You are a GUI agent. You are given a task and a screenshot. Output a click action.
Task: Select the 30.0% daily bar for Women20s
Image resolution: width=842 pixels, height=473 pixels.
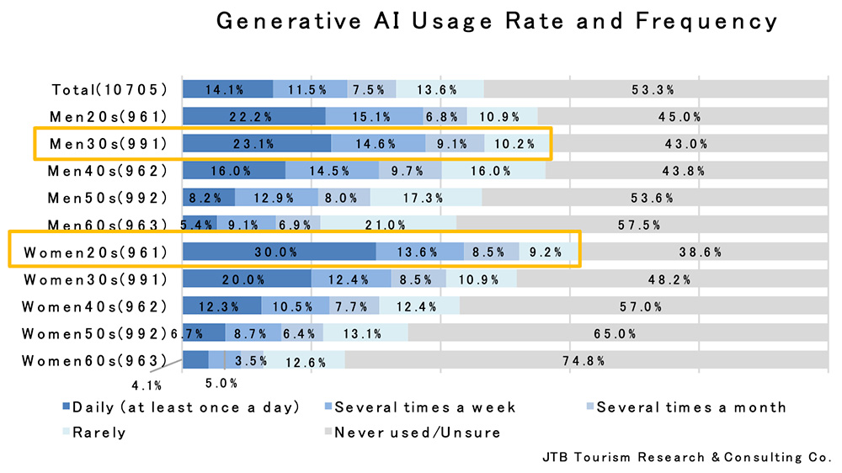pyautogui.click(x=279, y=252)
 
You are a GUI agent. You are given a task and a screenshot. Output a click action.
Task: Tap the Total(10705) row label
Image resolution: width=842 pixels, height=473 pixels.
pyautogui.click(x=109, y=89)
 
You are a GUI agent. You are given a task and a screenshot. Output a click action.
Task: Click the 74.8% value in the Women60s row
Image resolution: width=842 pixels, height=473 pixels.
pyautogui.click(x=584, y=361)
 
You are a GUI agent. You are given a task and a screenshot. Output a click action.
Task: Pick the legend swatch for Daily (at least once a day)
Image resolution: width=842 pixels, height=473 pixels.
pyautogui.click(x=67, y=408)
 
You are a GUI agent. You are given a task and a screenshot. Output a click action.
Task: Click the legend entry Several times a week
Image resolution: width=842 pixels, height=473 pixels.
pyautogui.click(x=425, y=407)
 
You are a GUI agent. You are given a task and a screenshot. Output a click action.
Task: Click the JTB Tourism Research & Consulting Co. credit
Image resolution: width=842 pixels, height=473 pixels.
pyautogui.click(x=687, y=458)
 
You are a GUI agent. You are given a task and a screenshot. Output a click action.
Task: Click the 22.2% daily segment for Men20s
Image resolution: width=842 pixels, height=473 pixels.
pyautogui.click(x=253, y=116)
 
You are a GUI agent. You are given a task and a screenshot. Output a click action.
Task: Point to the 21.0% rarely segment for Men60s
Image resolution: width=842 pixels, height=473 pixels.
pyautogui.click(x=388, y=225)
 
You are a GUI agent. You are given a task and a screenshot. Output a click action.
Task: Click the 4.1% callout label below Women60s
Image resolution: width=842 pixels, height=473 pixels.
pyautogui.click(x=144, y=385)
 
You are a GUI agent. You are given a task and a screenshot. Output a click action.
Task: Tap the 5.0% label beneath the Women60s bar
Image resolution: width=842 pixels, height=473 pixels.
pyautogui.click(x=221, y=383)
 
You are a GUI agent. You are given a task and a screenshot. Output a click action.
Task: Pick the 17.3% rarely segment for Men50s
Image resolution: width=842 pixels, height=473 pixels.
pyautogui.click(x=424, y=198)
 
